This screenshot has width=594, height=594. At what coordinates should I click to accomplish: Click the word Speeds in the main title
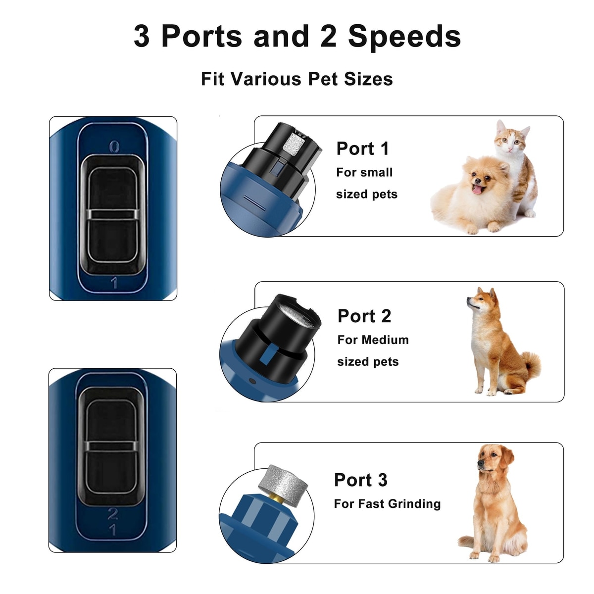[x=404, y=37]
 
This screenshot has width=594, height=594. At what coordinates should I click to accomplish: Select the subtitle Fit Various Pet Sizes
[x=297, y=79]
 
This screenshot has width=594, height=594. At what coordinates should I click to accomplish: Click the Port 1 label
[x=362, y=148]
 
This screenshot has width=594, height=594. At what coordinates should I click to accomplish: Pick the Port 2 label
[x=364, y=316]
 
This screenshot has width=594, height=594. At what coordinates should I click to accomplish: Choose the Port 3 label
[x=361, y=480]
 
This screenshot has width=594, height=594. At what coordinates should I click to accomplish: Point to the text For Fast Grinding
[x=387, y=504]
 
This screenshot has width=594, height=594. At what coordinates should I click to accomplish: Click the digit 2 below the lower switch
[x=112, y=513]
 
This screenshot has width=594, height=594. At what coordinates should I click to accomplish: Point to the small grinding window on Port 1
[x=294, y=142]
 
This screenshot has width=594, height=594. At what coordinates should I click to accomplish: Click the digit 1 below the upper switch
[x=114, y=283]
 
